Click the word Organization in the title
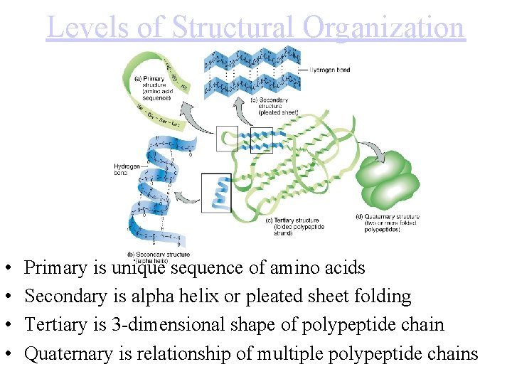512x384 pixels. pyautogui.click(x=384, y=28)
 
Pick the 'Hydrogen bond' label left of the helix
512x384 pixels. pyautogui.click(x=127, y=169)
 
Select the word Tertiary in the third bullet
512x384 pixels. pyautogui.click(x=53, y=325)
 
